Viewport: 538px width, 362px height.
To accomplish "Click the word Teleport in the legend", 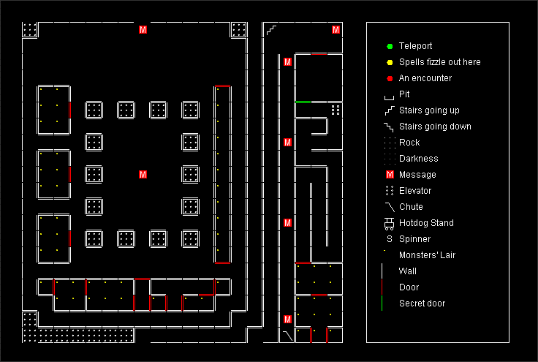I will (415, 46).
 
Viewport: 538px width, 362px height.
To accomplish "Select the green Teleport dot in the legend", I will (390, 46).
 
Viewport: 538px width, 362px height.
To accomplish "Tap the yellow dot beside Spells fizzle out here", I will (390, 62).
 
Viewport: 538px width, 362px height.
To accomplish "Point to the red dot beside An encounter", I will (390, 78).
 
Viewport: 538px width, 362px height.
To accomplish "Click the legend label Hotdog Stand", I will (426, 223).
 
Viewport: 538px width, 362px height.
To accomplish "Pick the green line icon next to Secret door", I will (382, 303).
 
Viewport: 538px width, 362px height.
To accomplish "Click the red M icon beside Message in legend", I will (390, 175).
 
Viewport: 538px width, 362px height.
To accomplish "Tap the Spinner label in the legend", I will (414, 239).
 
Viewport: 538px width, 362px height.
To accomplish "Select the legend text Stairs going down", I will (435, 127).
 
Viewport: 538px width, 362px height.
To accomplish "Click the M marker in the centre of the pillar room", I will (143, 174).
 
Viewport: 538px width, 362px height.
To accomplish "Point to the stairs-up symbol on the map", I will (271, 29).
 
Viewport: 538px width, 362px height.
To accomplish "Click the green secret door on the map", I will (303, 102).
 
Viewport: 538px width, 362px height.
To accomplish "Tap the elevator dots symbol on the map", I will (336, 110).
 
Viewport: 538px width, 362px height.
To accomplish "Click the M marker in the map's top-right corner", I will (336, 29).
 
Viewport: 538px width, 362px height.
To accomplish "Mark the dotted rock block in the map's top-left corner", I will (30, 29).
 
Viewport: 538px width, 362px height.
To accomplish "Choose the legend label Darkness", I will (419, 159).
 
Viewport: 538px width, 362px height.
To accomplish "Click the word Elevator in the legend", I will (415, 191).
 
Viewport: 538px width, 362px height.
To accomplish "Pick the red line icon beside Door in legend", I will (382, 287).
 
